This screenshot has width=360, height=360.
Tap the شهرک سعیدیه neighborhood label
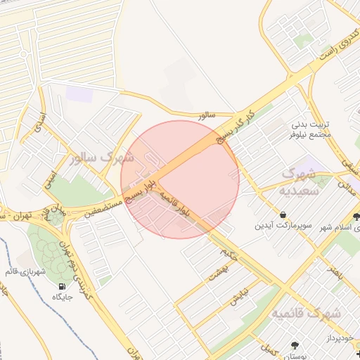301,181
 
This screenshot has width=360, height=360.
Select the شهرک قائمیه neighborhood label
306,312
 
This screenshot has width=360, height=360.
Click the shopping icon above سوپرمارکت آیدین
283,214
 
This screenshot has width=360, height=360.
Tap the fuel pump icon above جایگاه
62,286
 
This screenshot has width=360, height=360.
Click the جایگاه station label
62,297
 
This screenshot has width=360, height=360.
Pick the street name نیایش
239,295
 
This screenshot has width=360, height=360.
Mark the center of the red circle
180,179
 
